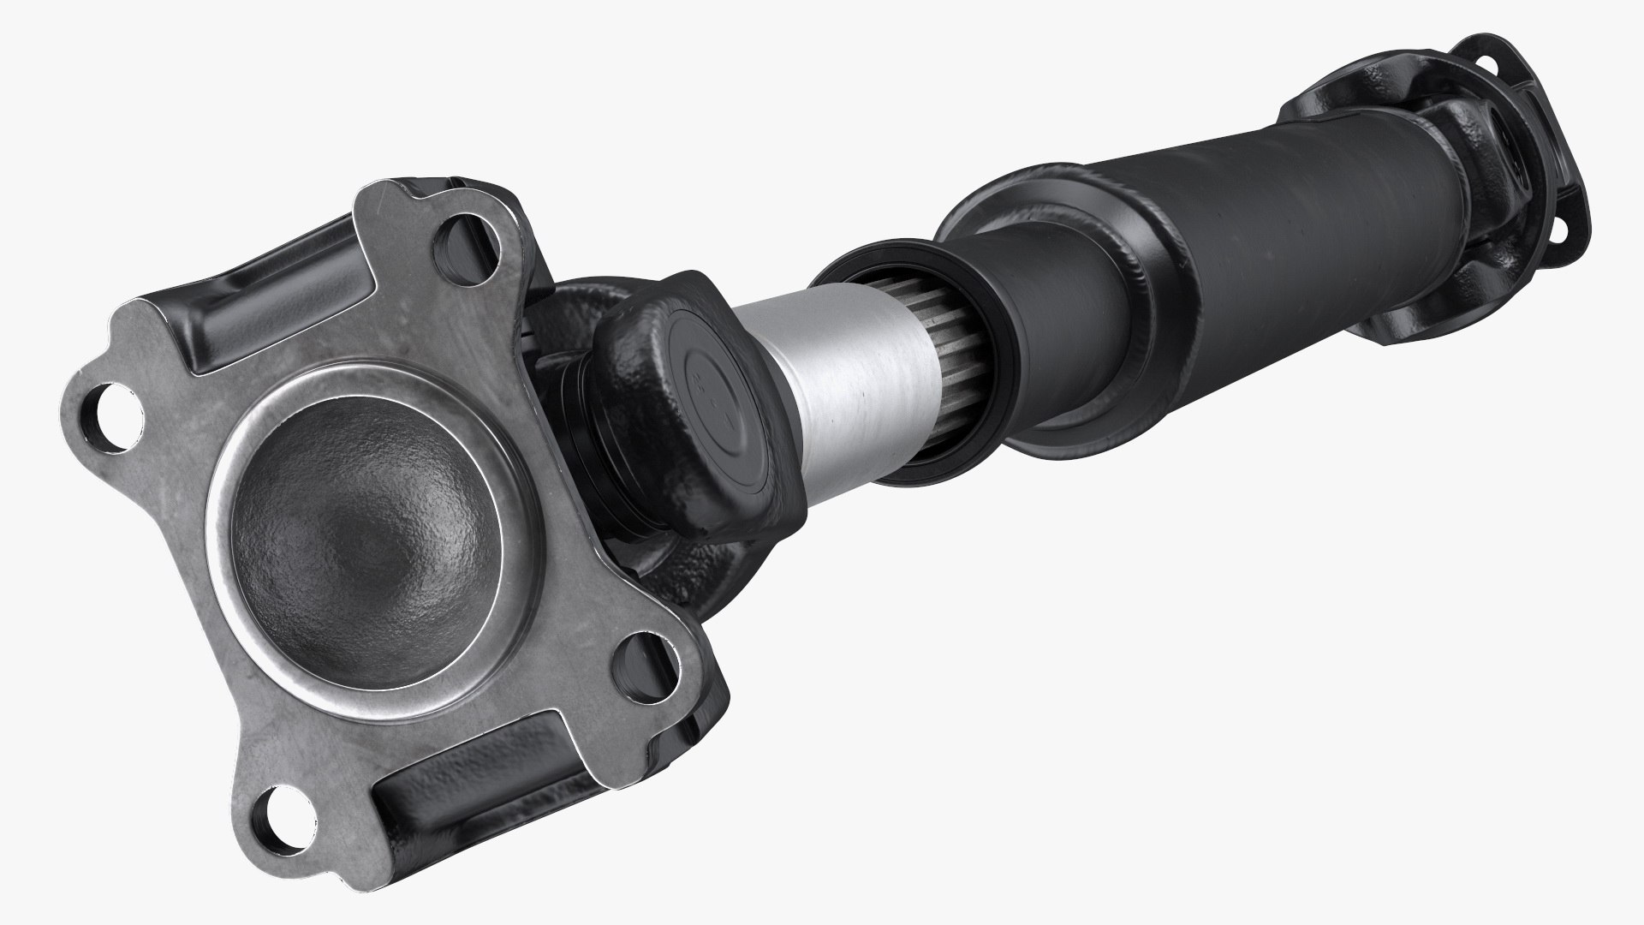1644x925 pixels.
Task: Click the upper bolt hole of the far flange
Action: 1487,63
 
